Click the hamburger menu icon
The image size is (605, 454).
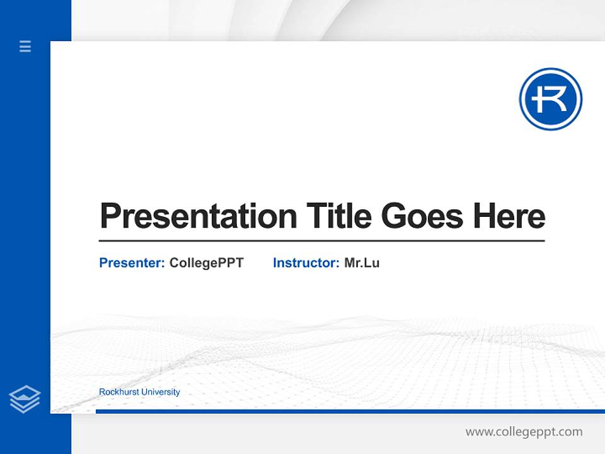coord(25,46)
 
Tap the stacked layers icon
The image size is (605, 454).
coord(25,399)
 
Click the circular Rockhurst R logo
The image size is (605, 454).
coord(550,99)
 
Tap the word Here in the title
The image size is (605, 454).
coord(509,216)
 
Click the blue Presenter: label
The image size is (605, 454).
coord(132,263)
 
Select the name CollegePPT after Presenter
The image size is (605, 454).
coord(206,263)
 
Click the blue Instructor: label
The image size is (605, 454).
coord(306,263)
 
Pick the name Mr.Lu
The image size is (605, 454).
coord(362,263)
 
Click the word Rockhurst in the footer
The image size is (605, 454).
coord(118,392)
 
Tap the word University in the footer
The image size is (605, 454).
coord(160,392)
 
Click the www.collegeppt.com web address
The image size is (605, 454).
coord(524,432)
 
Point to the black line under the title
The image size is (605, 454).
coord(321,240)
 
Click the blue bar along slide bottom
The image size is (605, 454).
coord(350,411)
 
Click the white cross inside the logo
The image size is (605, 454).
coord(536,99)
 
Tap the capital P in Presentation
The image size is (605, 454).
coord(110,216)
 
